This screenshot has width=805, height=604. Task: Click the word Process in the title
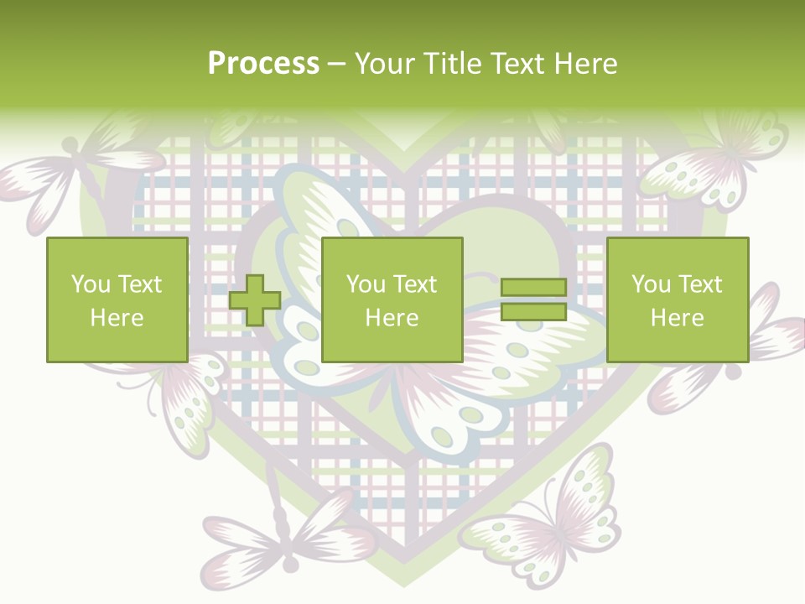point(263,64)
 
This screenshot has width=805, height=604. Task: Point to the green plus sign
point(255,300)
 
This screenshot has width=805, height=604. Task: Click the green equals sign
point(533,300)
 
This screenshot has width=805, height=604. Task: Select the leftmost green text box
point(117,300)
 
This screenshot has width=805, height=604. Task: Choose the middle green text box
point(392,300)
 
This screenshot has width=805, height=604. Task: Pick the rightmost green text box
point(677,300)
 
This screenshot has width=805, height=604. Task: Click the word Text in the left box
point(139,284)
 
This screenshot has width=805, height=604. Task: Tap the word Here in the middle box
point(392,318)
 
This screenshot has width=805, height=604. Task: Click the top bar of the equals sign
point(533,288)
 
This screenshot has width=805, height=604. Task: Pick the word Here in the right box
point(677,318)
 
